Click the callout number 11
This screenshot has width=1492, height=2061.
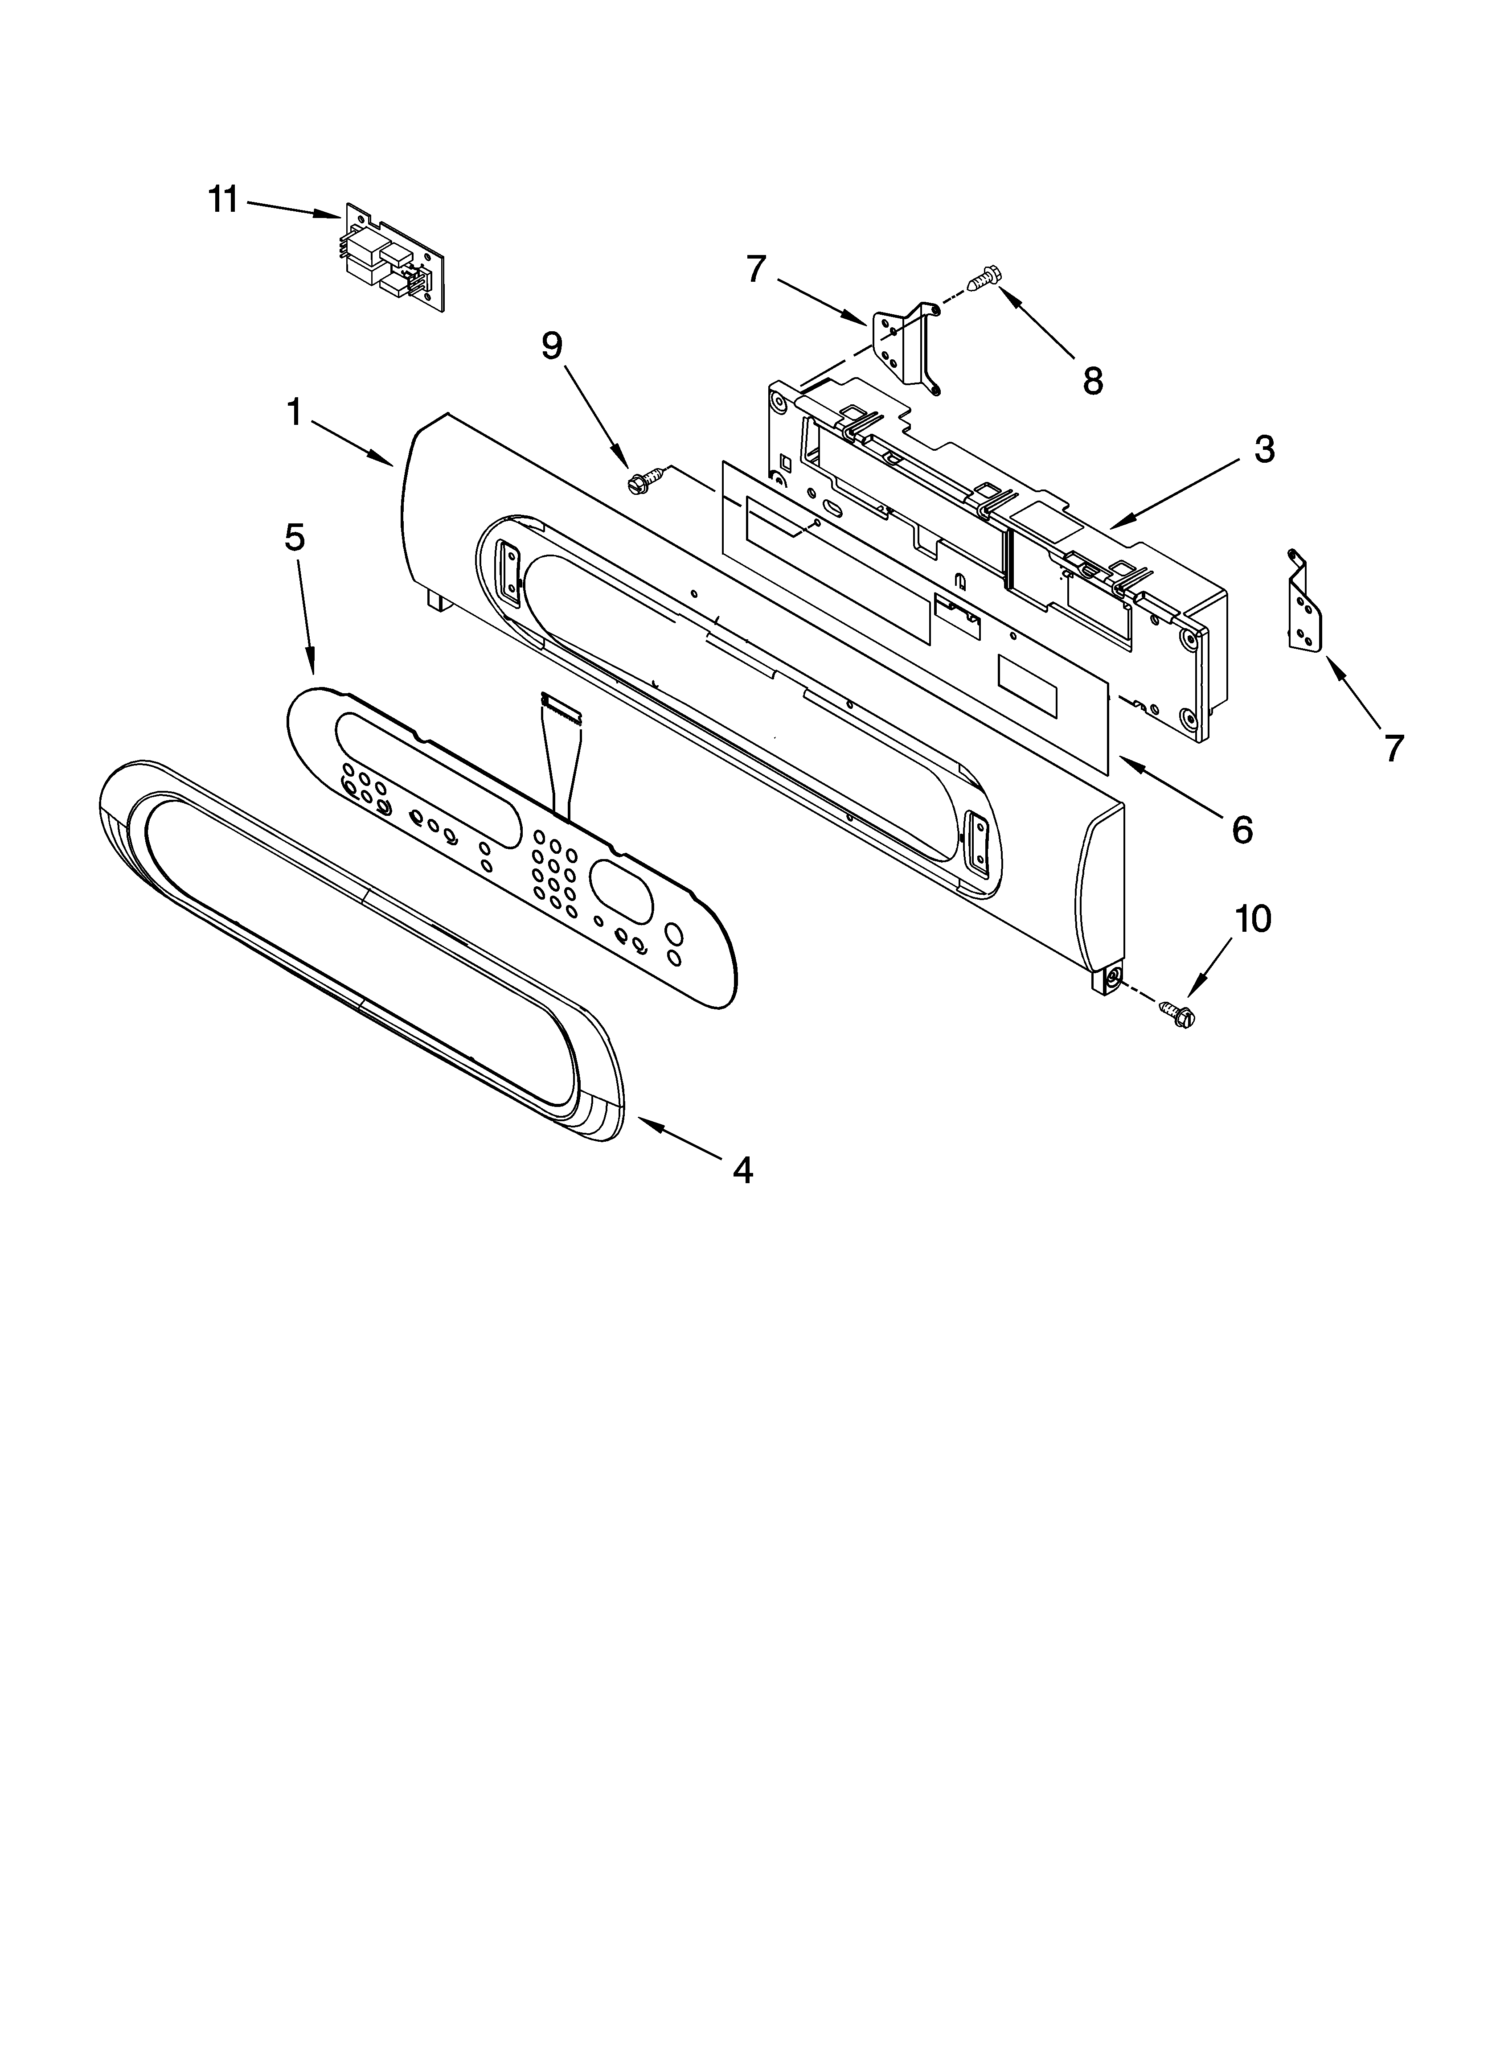pos(223,199)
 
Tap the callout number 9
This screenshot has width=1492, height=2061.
pos(552,346)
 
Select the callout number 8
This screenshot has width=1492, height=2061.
pos(1093,382)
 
